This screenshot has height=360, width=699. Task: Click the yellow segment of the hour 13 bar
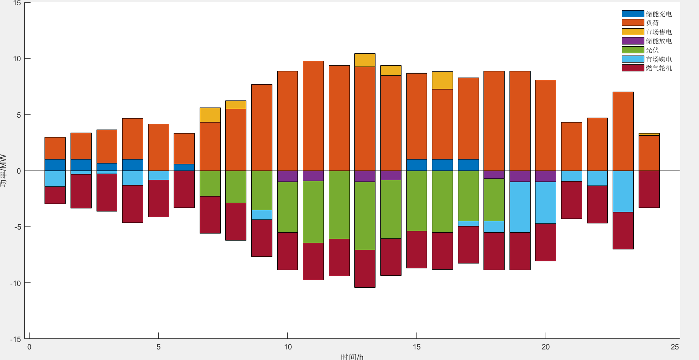(x=365, y=60)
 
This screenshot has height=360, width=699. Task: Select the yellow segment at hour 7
(x=210, y=115)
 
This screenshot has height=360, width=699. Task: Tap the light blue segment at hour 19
(x=520, y=207)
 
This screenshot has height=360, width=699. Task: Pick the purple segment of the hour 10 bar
(x=287, y=176)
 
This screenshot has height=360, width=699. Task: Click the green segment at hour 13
(x=365, y=216)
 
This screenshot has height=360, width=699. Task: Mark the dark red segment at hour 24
(x=649, y=189)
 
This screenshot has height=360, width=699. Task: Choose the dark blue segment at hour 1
(x=55, y=165)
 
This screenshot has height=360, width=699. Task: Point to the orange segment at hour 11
(x=313, y=116)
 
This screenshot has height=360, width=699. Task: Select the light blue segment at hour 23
(x=623, y=191)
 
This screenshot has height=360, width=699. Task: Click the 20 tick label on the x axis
(x=546, y=347)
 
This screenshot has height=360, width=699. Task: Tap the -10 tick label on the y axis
(x=15, y=283)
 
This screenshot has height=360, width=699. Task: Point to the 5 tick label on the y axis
(x=18, y=115)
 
